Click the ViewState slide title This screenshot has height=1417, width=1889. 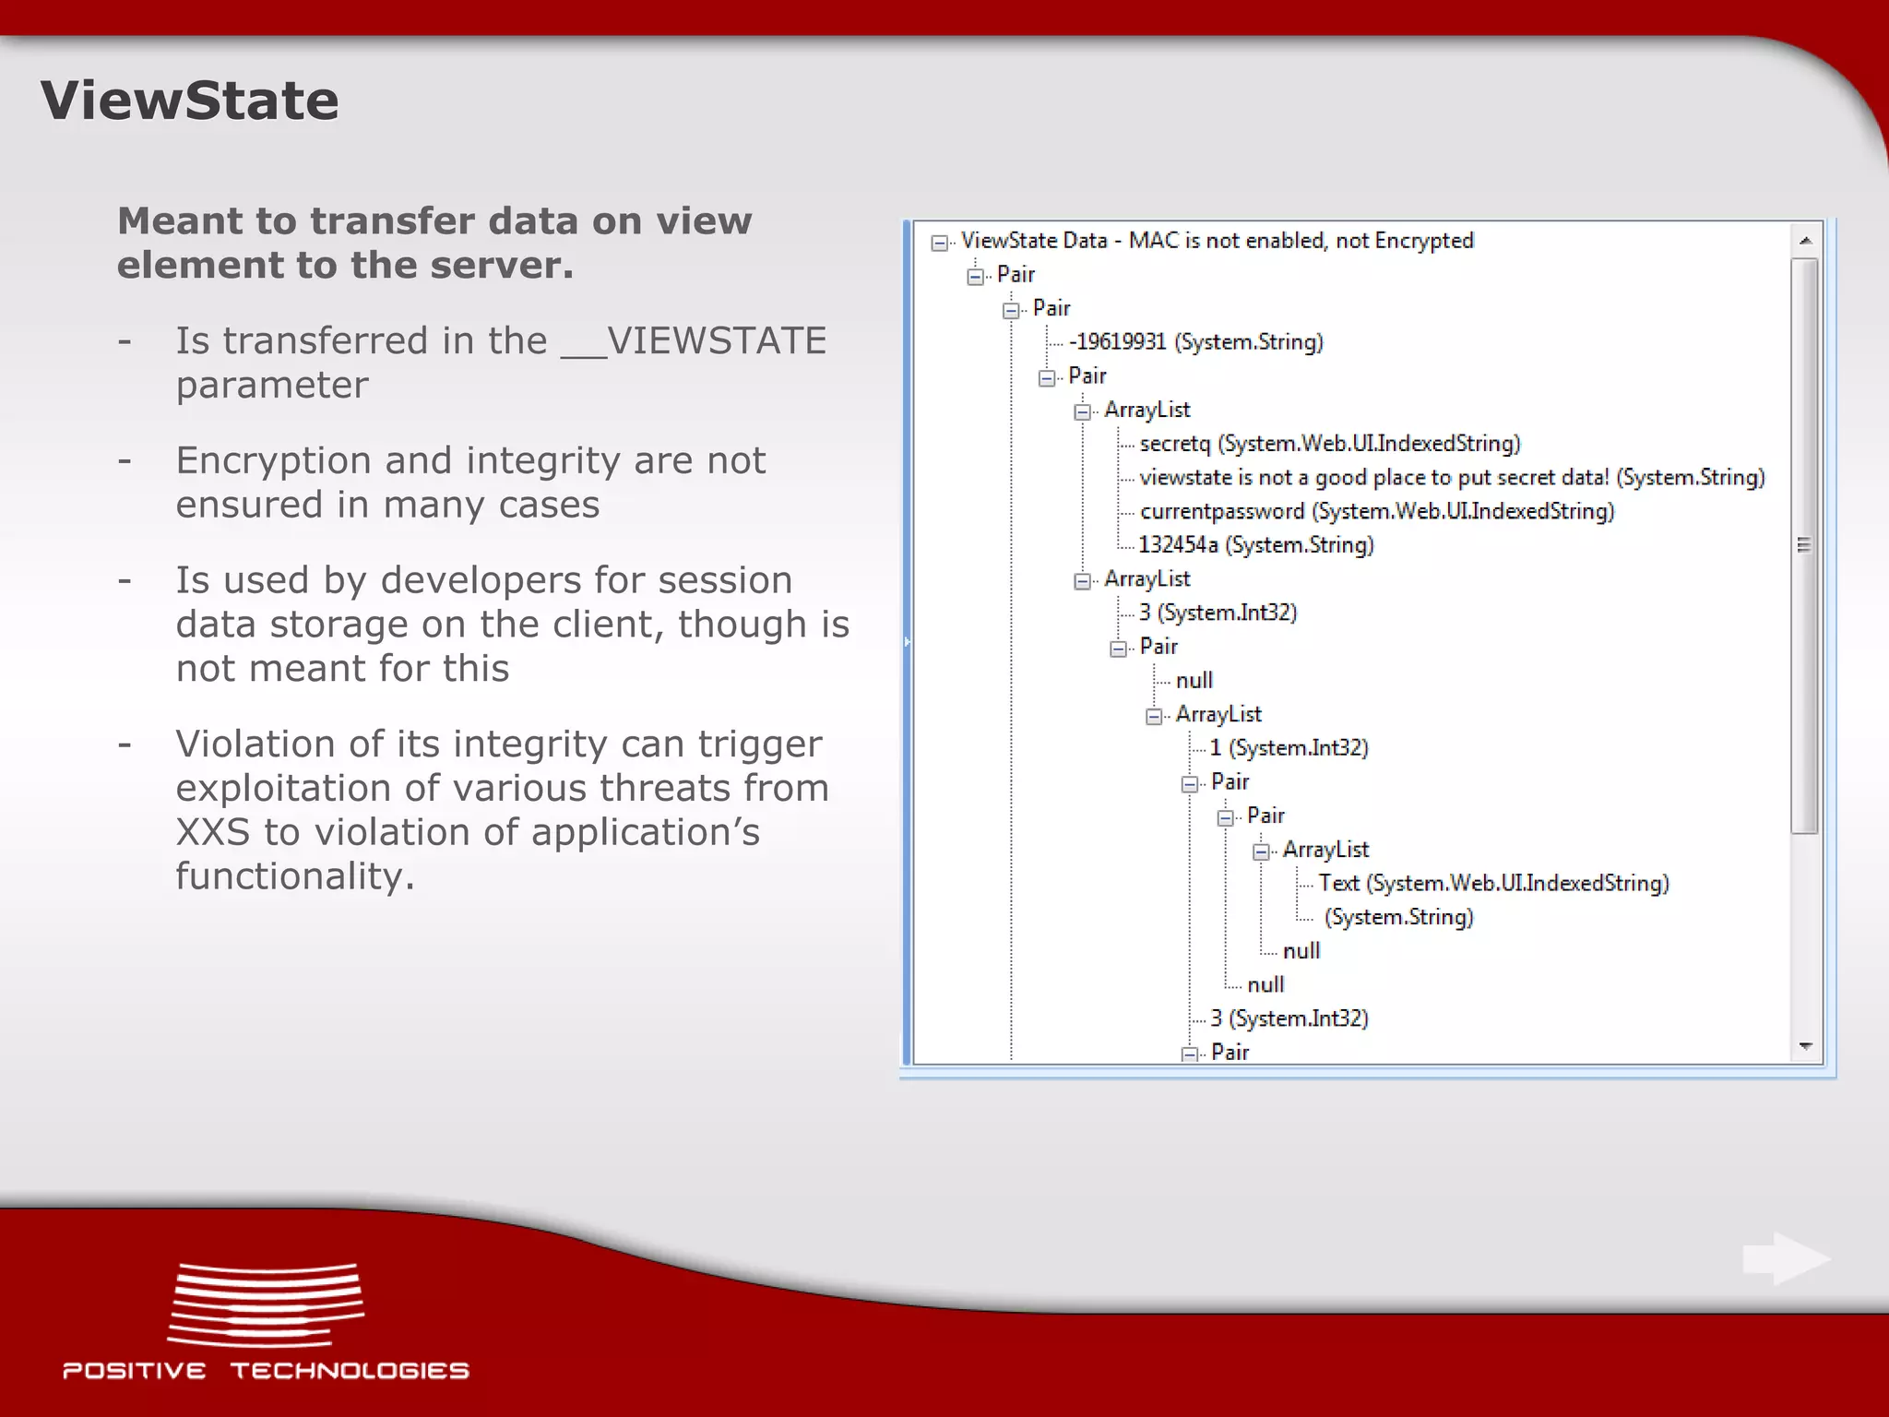pyautogui.click(x=189, y=100)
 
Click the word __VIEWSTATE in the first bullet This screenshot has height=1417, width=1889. pyautogui.click(x=694, y=341)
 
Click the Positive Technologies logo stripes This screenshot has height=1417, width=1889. pyautogui.click(x=266, y=1304)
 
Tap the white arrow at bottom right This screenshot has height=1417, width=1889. pyautogui.click(x=1786, y=1258)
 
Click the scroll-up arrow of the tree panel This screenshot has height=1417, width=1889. pyautogui.click(x=1805, y=241)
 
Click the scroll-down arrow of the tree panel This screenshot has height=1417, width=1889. pyautogui.click(x=1805, y=1046)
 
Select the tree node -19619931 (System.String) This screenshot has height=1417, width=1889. pyautogui.click(x=1195, y=342)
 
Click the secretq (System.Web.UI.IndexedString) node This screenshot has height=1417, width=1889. pyautogui.click(x=1329, y=444)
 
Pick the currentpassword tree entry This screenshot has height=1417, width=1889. pyautogui.click(x=1376, y=511)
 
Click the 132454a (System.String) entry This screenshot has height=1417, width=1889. pyautogui.click(x=1255, y=545)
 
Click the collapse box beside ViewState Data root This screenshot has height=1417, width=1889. pyautogui.click(x=939, y=243)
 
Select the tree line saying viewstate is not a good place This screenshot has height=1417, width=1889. pyautogui.click(x=1452, y=478)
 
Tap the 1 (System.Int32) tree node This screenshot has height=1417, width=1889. pyautogui.click(x=1289, y=748)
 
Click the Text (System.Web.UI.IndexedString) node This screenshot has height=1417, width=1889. pyautogui.click(x=1493, y=883)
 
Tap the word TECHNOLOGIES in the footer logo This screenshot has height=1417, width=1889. pyautogui.click(x=350, y=1371)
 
